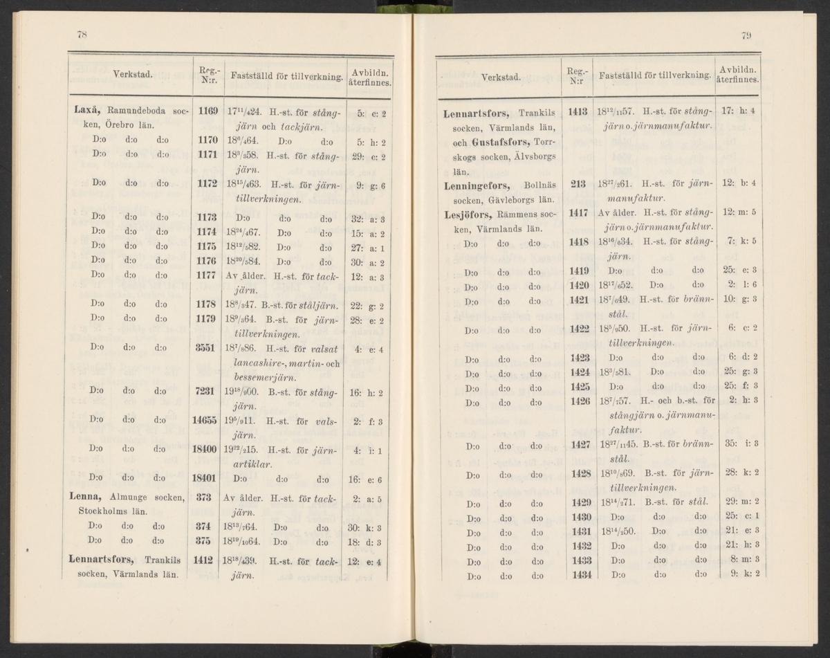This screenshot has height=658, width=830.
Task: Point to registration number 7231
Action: (207, 392)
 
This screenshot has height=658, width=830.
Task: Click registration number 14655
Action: (205, 421)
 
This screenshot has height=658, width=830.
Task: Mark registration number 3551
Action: (207, 350)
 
